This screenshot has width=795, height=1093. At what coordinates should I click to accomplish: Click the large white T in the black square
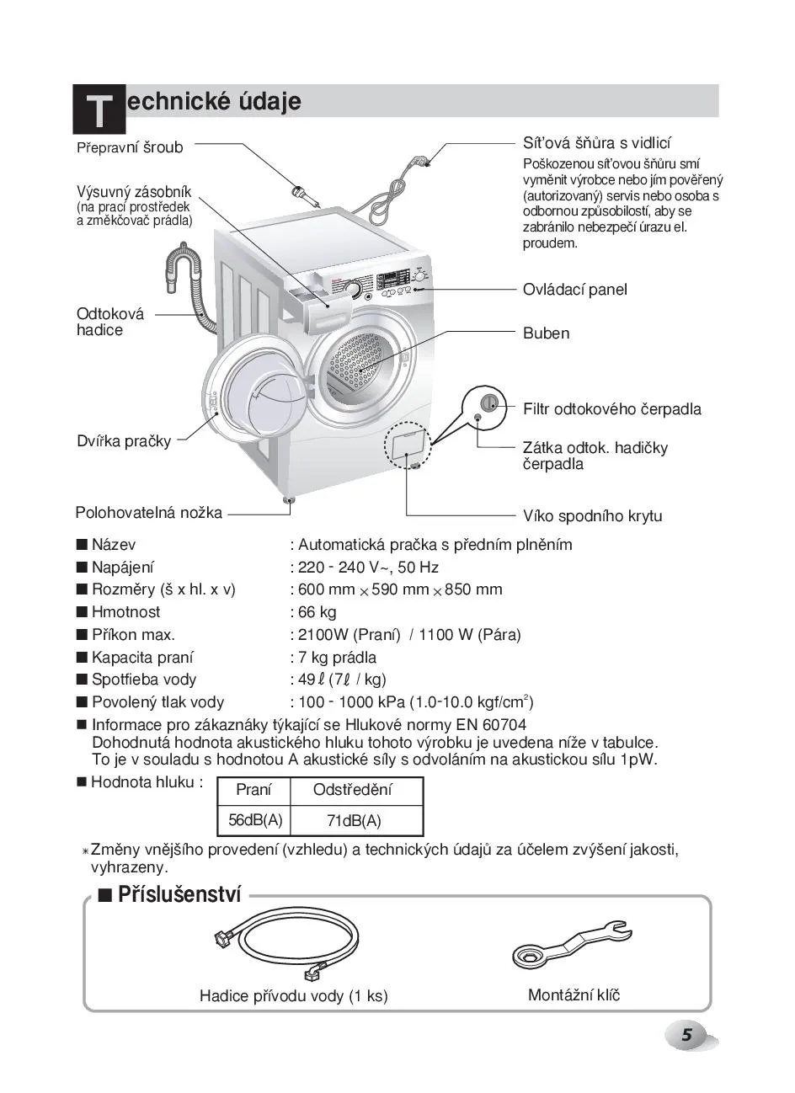(99, 111)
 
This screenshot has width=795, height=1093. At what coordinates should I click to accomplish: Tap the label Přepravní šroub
(130, 147)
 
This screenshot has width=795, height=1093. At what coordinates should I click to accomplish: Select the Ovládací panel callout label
(574, 290)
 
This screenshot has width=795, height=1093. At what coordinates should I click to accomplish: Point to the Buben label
(546, 333)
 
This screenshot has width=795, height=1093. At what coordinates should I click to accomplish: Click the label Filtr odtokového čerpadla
(611, 409)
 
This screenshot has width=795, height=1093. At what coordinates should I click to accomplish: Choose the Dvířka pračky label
(124, 440)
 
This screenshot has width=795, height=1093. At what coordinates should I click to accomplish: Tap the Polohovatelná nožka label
(149, 512)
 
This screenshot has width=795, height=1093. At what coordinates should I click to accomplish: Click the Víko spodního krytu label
(592, 516)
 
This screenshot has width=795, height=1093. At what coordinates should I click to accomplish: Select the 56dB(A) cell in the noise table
(254, 819)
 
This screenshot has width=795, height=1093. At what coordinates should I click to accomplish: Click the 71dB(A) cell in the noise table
(354, 820)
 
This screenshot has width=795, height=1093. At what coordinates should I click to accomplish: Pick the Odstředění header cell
(352, 790)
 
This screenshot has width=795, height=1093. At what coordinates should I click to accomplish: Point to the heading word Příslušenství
(179, 894)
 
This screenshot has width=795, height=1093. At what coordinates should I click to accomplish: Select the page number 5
(686, 1036)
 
